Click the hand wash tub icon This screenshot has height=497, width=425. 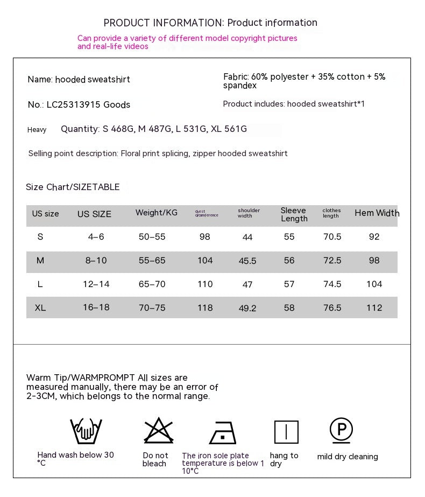click(86, 431)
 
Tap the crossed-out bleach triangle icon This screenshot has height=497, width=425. click(158, 431)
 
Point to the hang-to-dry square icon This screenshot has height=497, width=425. click(286, 432)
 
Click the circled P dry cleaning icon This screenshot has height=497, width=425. click(341, 430)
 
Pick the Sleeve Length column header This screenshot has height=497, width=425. click(294, 214)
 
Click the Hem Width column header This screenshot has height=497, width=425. click(377, 213)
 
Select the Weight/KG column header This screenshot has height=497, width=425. click(156, 213)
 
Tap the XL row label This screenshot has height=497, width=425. click(40, 307)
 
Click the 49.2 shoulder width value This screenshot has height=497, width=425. click(247, 309)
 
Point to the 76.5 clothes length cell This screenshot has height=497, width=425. click(332, 308)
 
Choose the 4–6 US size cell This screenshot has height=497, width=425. click(96, 237)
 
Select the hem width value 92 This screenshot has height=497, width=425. click(374, 237)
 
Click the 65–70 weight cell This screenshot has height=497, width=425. click(152, 284)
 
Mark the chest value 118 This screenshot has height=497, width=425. click(205, 308)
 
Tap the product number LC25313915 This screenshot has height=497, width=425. click(74, 104)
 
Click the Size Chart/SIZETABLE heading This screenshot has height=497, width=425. click(73, 187)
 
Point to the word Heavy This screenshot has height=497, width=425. click(37, 130)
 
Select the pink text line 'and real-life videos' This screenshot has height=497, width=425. click(113, 46)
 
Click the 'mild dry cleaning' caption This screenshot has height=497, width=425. click(348, 457)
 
